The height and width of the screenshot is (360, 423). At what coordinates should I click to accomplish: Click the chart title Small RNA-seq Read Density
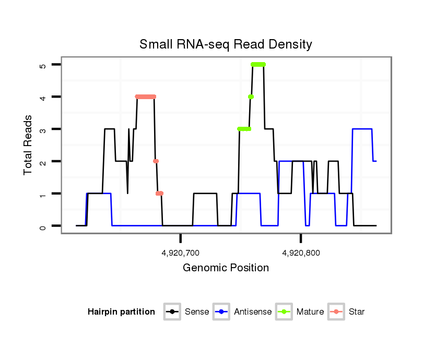point(226,44)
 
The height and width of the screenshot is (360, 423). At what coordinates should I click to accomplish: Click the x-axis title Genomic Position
point(226,268)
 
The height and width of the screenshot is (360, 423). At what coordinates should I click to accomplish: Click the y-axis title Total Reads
point(29,145)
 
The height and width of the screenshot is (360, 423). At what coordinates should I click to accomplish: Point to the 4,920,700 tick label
point(181,253)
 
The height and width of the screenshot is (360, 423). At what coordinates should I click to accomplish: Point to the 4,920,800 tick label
point(301,253)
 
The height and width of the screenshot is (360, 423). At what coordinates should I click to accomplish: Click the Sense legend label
point(197,312)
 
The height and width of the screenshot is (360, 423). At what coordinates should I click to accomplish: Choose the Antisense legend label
point(253,312)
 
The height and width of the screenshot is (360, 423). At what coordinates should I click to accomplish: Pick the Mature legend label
point(310,312)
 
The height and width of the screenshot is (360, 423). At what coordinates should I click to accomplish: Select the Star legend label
point(357,312)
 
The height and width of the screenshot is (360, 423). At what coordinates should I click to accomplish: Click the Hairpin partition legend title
point(121,312)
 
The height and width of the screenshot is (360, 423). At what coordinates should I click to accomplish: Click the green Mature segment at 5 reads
point(258,64)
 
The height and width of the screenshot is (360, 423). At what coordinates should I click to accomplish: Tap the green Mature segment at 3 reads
point(244,129)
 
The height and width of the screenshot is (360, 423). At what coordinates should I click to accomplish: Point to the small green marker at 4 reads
point(251,97)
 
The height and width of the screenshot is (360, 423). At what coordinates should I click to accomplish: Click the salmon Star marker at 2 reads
point(156,161)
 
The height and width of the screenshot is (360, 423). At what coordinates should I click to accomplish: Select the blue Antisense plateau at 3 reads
point(362,129)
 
